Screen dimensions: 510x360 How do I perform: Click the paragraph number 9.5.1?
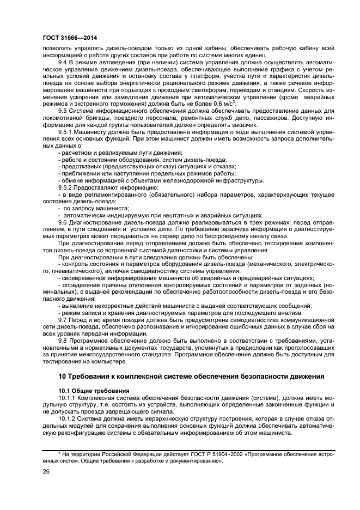tap(67, 131)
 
